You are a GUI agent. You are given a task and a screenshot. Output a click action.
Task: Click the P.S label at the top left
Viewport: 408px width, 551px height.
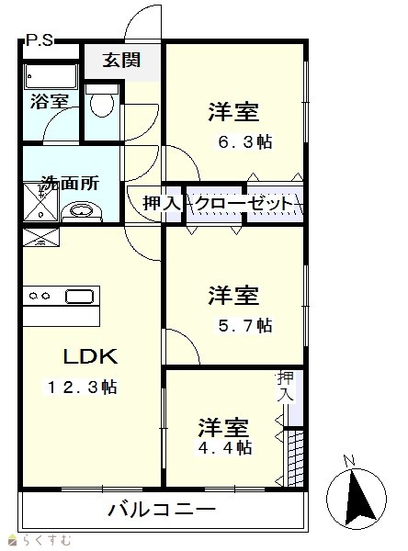(x=40, y=40)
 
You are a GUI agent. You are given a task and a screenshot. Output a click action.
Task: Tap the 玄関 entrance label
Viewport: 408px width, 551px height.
(x=121, y=60)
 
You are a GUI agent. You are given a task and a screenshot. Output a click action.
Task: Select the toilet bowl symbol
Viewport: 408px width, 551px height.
(x=102, y=102)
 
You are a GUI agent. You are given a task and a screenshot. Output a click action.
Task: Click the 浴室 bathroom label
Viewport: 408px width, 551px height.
(x=50, y=102)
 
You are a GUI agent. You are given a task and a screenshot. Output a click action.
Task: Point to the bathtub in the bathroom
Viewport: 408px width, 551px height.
(x=51, y=77)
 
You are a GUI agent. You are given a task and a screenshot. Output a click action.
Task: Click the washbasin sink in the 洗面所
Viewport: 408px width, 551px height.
(x=82, y=211)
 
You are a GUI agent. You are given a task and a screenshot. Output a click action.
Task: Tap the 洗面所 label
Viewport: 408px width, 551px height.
(x=71, y=183)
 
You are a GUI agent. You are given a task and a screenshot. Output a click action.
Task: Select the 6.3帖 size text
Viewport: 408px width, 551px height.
(x=245, y=142)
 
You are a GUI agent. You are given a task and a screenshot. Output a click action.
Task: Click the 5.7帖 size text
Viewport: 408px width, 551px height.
(x=245, y=325)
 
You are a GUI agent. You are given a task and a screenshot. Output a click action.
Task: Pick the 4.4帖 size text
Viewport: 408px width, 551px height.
(x=225, y=448)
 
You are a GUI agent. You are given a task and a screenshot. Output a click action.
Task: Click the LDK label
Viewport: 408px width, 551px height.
(x=90, y=356)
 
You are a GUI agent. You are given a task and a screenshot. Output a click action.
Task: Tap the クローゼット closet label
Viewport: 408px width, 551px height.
(x=244, y=203)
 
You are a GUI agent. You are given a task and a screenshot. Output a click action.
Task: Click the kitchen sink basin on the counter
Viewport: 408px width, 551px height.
(x=80, y=297)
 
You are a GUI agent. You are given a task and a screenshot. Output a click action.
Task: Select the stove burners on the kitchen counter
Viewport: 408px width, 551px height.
(x=40, y=297)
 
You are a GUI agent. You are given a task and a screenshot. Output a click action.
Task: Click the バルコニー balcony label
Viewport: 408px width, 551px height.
(x=162, y=509)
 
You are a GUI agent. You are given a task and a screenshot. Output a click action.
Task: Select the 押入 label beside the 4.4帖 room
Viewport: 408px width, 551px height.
(x=285, y=387)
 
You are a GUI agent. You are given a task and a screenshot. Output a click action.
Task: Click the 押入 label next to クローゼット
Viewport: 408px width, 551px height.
(x=162, y=203)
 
